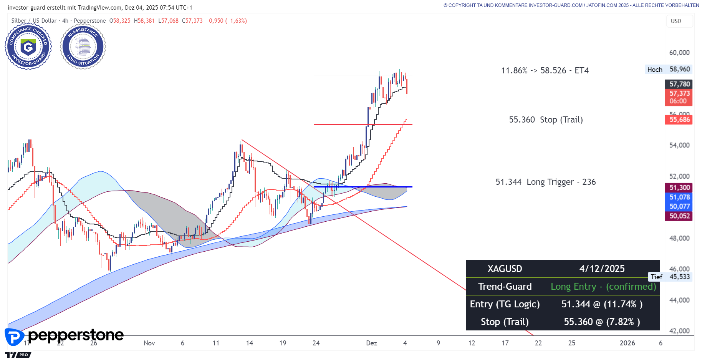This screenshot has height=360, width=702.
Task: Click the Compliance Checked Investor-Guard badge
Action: click(x=28, y=46)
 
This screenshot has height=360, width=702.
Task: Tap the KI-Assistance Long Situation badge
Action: click(x=83, y=46)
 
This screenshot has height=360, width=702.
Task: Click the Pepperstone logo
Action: click(x=65, y=336)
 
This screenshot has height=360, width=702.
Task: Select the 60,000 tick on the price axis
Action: click(x=679, y=53)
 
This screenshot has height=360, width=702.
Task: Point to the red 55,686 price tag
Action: click(x=679, y=119)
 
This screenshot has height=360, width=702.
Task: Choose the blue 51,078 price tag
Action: click(x=679, y=197)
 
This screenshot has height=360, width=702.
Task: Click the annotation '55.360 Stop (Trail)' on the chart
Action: click(x=546, y=119)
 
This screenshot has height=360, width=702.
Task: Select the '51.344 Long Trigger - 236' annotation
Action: click(x=545, y=182)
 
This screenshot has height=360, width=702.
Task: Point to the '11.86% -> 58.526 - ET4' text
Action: click(x=545, y=70)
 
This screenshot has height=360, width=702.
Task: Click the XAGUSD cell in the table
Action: click(x=505, y=269)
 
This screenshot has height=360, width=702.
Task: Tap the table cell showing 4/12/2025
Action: click(x=602, y=269)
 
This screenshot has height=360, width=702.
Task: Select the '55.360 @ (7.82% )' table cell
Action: click(x=602, y=322)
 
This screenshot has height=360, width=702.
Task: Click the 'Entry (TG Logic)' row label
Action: click(x=505, y=304)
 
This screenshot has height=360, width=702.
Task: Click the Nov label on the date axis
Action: click(x=149, y=343)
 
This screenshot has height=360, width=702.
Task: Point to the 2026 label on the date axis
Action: click(x=627, y=343)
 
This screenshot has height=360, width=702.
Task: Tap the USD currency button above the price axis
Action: click(x=676, y=21)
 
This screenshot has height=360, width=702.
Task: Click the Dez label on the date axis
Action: click(x=371, y=343)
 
